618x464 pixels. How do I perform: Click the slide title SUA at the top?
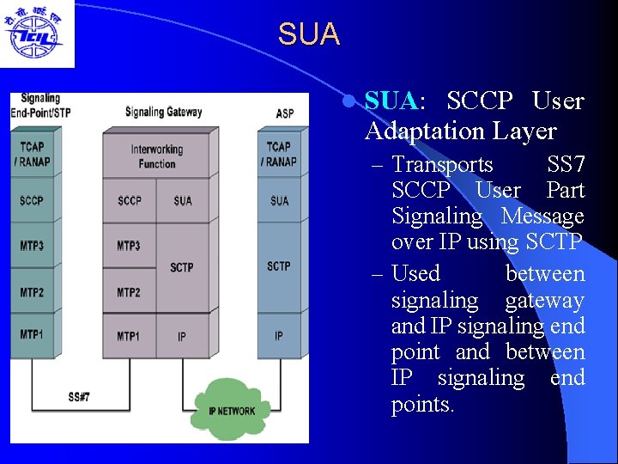click(309, 34)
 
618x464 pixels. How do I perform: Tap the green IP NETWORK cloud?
click(232, 410)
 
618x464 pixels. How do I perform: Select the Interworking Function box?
click(157, 156)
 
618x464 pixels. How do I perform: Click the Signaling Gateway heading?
click(163, 112)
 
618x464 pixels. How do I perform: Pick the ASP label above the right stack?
click(285, 113)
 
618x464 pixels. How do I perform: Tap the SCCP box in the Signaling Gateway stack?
click(130, 201)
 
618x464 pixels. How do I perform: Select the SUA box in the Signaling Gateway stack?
click(183, 201)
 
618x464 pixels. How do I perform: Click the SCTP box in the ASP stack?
click(279, 266)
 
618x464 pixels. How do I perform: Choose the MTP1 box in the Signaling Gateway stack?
click(129, 336)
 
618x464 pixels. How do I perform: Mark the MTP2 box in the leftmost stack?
click(32, 292)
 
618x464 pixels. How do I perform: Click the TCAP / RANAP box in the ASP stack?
click(280, 155)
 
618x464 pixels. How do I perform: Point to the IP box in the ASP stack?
click(279, 336)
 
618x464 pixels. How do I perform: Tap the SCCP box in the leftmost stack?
click(32, 201)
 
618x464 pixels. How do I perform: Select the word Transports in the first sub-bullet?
click(442, 164)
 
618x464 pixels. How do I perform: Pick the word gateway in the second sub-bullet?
click(544, 300)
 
